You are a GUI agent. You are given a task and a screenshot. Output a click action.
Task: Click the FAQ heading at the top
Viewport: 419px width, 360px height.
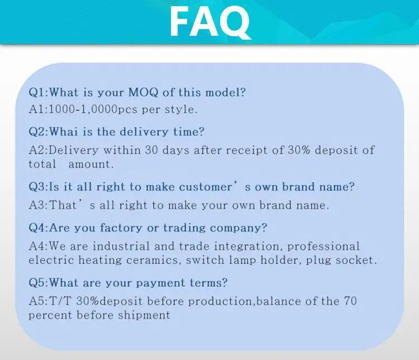[x=210, y=21]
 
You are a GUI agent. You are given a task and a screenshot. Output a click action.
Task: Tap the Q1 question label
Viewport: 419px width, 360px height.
[x=37, y=93]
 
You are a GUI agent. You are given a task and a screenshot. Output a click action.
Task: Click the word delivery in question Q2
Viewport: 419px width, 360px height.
[x=144, y=132]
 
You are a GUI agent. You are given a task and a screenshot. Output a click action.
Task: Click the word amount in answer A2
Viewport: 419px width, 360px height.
[x=91, y=164]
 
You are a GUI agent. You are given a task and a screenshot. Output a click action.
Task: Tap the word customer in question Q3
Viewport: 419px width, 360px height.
[x=206, y=187]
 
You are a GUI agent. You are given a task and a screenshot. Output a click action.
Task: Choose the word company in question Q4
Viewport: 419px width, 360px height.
[x=239, y=229]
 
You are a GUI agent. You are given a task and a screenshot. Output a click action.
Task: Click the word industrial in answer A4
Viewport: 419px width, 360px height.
[x=121, y=247]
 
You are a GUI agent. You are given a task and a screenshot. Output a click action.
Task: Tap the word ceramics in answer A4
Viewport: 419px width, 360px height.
[x=152, y=260]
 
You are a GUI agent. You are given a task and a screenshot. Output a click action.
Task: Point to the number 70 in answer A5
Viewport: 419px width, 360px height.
[x=350, y=301]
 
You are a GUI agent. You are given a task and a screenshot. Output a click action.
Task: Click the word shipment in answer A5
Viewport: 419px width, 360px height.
[x=144, y=316]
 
